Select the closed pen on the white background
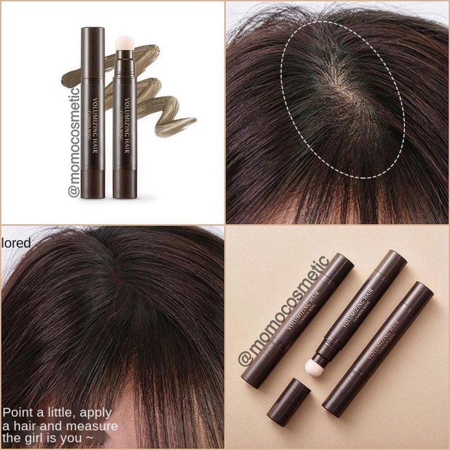pos(93,112)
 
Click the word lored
pos(16,244)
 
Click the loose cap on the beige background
pos(294,402)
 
